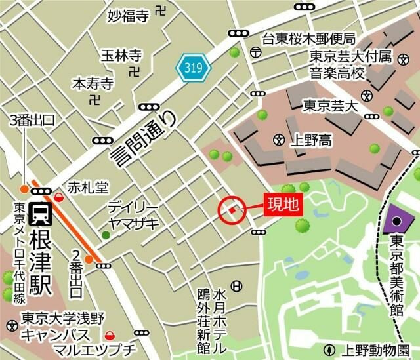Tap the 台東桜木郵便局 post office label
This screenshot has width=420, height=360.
click(308, 39)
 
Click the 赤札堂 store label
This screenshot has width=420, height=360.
click(87, 187)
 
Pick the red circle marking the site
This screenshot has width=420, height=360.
click(232, 210)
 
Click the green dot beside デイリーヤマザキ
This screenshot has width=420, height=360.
click(105, 235)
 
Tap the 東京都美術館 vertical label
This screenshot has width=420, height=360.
click(396, 279)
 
